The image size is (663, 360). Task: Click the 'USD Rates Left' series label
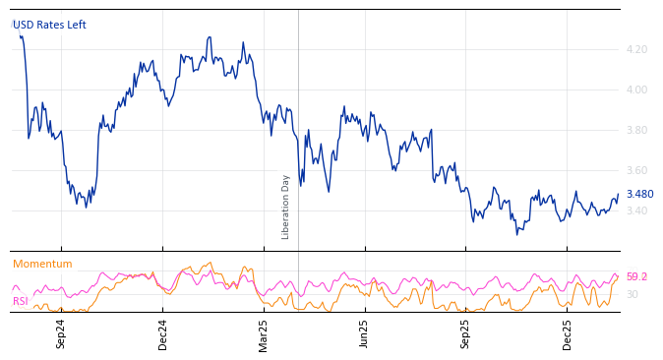[49, 25]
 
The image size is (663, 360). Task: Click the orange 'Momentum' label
[42, 264]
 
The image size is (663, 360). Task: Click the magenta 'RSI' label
[21, 301]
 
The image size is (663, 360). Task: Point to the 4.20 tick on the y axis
[636, 49]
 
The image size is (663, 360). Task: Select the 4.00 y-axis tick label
[636, 90]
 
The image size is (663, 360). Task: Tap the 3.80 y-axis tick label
[636, 130]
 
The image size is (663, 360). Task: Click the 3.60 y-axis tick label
[636, 170]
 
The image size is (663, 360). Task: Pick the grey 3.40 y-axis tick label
[636, 210]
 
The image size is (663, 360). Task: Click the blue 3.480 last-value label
[639, 195]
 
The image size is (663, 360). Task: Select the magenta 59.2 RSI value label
[636, 277]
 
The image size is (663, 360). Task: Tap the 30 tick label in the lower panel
[632, 294]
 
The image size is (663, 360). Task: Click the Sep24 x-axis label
[61, 333]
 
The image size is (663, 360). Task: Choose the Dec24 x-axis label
[163, 333]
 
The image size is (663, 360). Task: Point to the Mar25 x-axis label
[264, 333]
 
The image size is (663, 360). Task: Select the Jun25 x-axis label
[365, 333]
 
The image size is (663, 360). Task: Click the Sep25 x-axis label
[466, 333]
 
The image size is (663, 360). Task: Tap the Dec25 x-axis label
[568, 333]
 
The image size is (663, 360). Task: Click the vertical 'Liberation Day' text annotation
[286, 207]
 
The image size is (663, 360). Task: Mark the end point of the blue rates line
[618, 195]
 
